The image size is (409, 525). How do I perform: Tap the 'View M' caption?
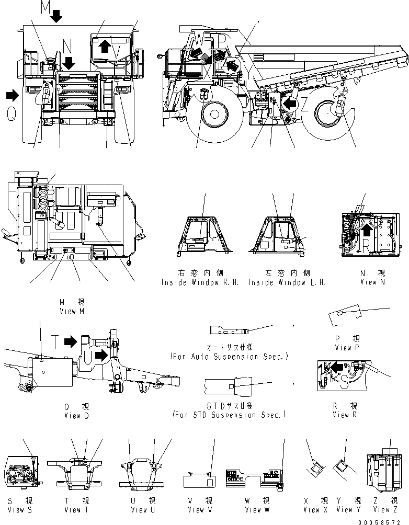point(72,311)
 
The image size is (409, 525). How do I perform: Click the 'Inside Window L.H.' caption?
point(287,282)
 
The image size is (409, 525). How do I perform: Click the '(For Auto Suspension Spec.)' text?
point(229,357)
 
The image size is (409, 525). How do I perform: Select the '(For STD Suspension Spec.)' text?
point(229,415)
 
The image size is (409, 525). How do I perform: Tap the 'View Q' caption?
point(72,416)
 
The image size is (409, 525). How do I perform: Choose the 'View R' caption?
point(345,415)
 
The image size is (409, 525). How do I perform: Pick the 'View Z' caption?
point(381,509)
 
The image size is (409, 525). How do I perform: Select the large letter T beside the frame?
point(54,341)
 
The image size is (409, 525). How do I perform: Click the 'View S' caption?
point(20,509)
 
